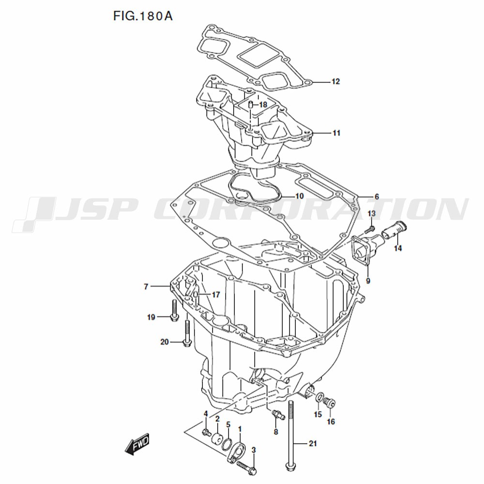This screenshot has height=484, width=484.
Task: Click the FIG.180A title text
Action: coord(143,16)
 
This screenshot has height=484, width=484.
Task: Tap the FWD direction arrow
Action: coord(137,444)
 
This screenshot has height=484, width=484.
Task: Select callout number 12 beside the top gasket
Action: coord(335,81)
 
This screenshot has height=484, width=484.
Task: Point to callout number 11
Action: coord(336,133)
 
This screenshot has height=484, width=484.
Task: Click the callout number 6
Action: coord(377,197)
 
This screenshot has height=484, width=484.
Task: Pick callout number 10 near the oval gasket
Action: coord(300,196)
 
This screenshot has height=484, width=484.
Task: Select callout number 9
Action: coord(368,281)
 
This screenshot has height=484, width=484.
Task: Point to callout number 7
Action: coord(146,287)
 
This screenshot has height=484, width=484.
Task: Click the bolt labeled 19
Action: coord(174,310)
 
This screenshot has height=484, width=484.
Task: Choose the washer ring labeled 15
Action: coord(320,398)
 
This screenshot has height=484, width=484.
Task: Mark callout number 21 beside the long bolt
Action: coord(313,443)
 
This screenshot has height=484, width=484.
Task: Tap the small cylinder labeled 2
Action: coord(217,438)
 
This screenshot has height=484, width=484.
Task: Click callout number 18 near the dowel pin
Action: coord(263,105)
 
